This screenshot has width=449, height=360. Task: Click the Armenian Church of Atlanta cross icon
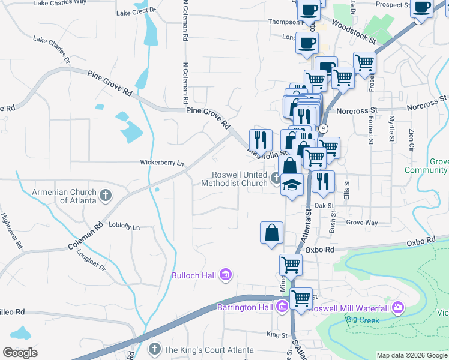click(106, 195)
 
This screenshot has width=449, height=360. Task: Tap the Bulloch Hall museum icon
click(226, 275)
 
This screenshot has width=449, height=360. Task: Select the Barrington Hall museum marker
click(282, 308)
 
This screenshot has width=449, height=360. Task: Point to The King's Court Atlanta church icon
click(154, 349)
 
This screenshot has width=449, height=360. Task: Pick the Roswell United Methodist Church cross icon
click(276, 178)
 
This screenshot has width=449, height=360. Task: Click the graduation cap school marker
click(292, 185)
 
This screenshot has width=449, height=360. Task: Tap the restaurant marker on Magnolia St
click(261, 140)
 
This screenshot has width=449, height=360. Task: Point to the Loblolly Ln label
click(124, 227)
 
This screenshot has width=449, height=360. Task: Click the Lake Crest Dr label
click(136, 11)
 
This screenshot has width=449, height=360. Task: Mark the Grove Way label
click(362, 223)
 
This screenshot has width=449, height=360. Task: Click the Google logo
click(20, 353)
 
